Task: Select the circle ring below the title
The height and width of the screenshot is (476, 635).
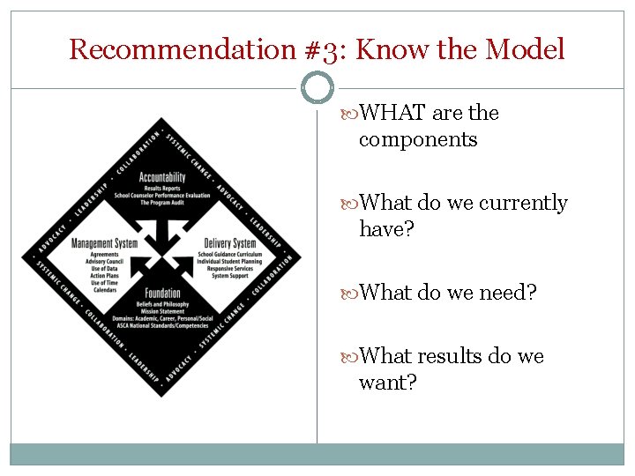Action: click(x=317, y=88)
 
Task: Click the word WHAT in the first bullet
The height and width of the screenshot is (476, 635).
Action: click(x=394, y=113)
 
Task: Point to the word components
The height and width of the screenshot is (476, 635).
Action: click(x=418, y=139)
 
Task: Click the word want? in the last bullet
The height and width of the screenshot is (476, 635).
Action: click(x=388, y=383)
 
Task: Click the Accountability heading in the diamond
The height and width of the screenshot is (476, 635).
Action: click(x=162, y=177)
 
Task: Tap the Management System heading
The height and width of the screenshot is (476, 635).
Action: click(x=104, y=243)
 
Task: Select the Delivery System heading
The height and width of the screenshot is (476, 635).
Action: click(x=229, y=243)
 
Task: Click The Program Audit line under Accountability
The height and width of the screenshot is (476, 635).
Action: click(x=161, y=201)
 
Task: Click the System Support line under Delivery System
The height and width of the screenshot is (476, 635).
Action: click(x=228, y=276)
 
